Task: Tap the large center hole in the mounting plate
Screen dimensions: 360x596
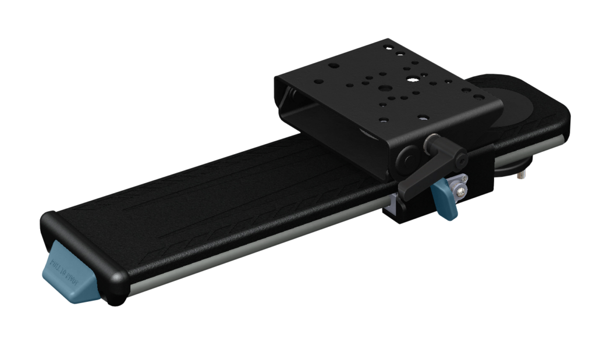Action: point(385,89)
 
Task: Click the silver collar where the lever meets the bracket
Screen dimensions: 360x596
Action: point(432,141)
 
